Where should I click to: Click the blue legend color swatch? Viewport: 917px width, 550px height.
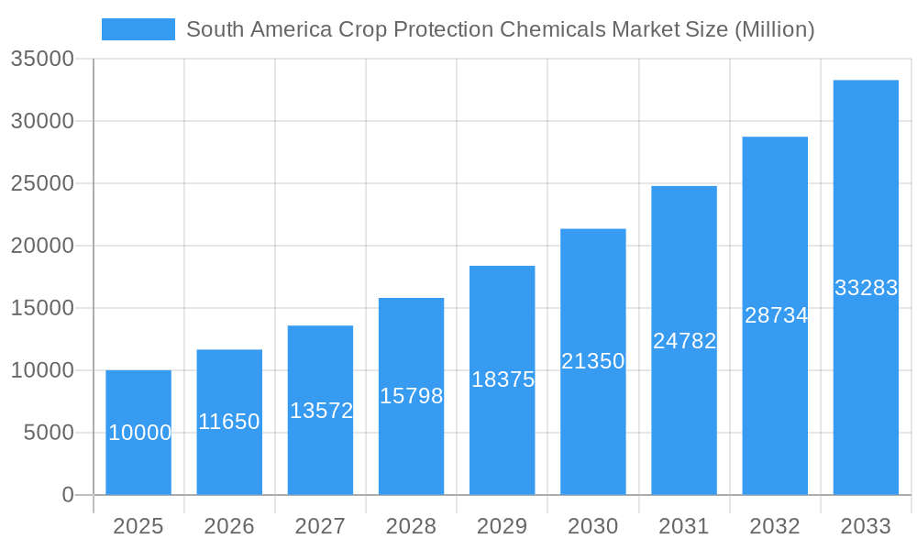pos(138,29)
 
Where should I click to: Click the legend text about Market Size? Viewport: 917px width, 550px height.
pos(500,29)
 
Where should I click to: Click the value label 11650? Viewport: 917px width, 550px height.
pos(229,422)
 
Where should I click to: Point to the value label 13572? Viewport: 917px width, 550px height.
pos(321,411)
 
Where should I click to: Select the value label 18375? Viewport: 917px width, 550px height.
pos(503,379)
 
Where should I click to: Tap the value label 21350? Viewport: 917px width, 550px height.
pos(592,361)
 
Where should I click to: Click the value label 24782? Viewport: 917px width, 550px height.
pos(684,341)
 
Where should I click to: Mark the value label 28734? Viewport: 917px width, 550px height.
pos(776,315)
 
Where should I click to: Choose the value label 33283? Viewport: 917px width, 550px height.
pos(866,288)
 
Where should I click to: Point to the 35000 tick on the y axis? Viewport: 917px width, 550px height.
pos(41,59)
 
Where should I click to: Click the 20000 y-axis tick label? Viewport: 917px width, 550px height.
pos(41,246)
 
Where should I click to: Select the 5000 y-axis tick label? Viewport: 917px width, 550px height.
pos(48,433)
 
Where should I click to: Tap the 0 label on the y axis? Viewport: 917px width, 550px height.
pos(68,495)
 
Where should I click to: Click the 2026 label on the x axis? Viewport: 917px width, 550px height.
pos(229,526)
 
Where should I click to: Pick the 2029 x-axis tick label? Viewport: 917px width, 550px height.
pos(503,526)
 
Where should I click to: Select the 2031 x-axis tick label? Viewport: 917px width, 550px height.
pos(684,526)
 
